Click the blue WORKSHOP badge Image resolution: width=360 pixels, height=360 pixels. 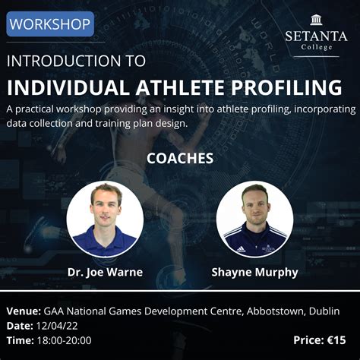tap(50, 24)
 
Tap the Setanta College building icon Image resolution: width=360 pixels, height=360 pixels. tap(316, 20)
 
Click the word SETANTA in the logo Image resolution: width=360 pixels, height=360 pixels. tap(316, 35)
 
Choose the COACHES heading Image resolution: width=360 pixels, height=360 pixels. tap(180, 159)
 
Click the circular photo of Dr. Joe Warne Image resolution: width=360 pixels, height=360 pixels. tap(104, 219)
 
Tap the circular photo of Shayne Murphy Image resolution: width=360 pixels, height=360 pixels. tap(254, 219)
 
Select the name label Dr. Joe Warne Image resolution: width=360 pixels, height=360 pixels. tap(104, 271)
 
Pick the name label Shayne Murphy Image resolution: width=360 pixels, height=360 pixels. tap(254, 271)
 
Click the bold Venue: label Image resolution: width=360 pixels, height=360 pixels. tap(23, 312)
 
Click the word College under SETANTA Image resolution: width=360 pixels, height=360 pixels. tap(316, 47)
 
